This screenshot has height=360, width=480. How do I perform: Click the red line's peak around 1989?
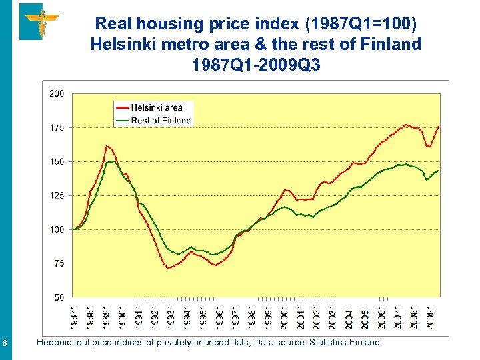click(107, 146)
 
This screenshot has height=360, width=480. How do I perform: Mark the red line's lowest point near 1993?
click(169, 268)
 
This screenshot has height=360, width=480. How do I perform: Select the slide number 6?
click(5, 343)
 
